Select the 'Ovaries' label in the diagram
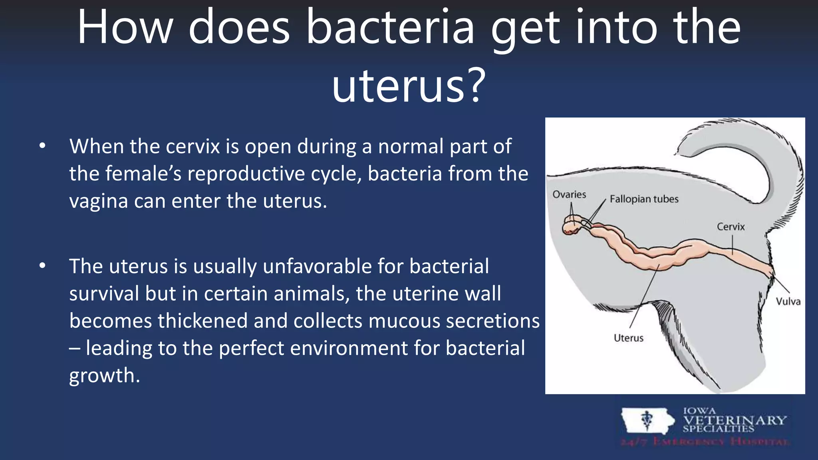[x=569, y=194]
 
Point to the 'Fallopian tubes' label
[x=644, y=199]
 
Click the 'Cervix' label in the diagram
[x=731, y=227]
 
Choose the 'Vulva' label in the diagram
[x=788, y=301]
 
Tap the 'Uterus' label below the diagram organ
[x=628, y=338]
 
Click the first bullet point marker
[x=42, y=146]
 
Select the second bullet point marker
[x=42, y=266]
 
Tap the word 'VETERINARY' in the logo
[x=735, y=420]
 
